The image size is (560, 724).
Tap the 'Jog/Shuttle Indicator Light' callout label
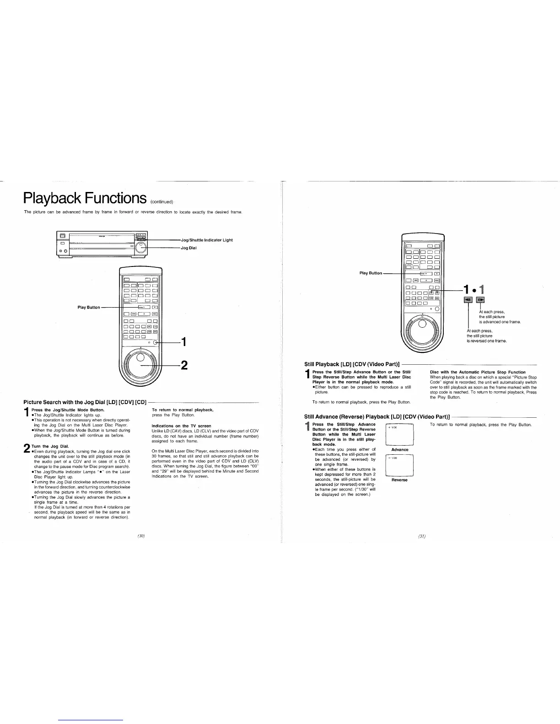click(207, 240)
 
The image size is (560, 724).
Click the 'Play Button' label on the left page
click(89, 307)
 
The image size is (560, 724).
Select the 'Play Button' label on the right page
click(371, 273)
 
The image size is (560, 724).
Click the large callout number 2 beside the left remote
click(184, 365)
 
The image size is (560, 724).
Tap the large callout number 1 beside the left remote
click(183, 342)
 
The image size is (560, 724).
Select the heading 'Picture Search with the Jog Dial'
click(85, 402)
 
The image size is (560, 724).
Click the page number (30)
click(141, 536)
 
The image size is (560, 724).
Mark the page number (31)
click(421, 537)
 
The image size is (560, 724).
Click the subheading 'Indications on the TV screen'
click(181, 426)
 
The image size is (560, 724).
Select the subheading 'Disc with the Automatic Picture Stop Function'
click(478, 372)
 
